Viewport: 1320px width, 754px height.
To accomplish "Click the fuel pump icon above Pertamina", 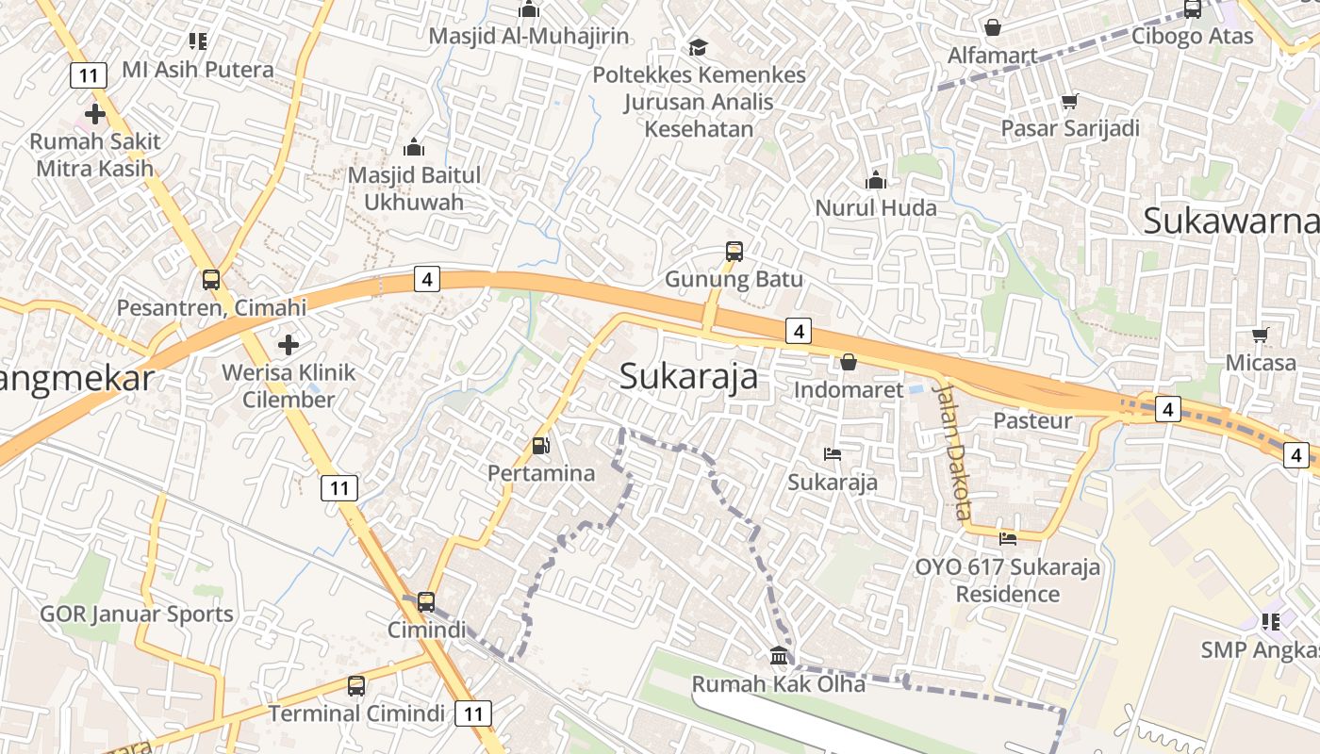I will coord(541,446).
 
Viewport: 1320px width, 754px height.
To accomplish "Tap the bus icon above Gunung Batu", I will coord(734,252).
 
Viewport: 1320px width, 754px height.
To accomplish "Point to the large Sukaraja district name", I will coord(689,376).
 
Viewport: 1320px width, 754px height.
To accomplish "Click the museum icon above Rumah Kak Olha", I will coord(779,655).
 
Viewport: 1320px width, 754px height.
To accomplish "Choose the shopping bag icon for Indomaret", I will coord(849,362).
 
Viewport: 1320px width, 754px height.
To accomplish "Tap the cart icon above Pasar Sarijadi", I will coord(1069,101).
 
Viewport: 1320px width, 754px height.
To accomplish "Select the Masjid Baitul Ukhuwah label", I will coord(414,188).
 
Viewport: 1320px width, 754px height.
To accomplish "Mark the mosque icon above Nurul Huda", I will coord(876,180).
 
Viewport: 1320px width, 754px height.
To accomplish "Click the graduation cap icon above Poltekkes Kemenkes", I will coord(698,47).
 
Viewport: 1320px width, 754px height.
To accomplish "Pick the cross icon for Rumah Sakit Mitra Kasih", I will coord(94,115).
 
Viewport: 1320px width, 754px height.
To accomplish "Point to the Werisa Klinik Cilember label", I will coord(289,385).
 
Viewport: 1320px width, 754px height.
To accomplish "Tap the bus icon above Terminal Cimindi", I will coord(356,685).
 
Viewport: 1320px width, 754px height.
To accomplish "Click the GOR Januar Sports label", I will coord(137,615).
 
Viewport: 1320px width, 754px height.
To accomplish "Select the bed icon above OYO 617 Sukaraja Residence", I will coord(1008,539).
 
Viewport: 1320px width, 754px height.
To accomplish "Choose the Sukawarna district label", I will coord(1230,221).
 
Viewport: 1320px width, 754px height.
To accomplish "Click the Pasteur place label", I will coord(1033,420).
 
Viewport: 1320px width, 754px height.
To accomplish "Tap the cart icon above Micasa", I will coord(1261,335).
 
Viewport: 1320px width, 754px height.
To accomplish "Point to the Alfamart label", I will coord(992,56).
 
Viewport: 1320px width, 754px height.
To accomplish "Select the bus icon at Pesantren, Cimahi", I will coord(211,280).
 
